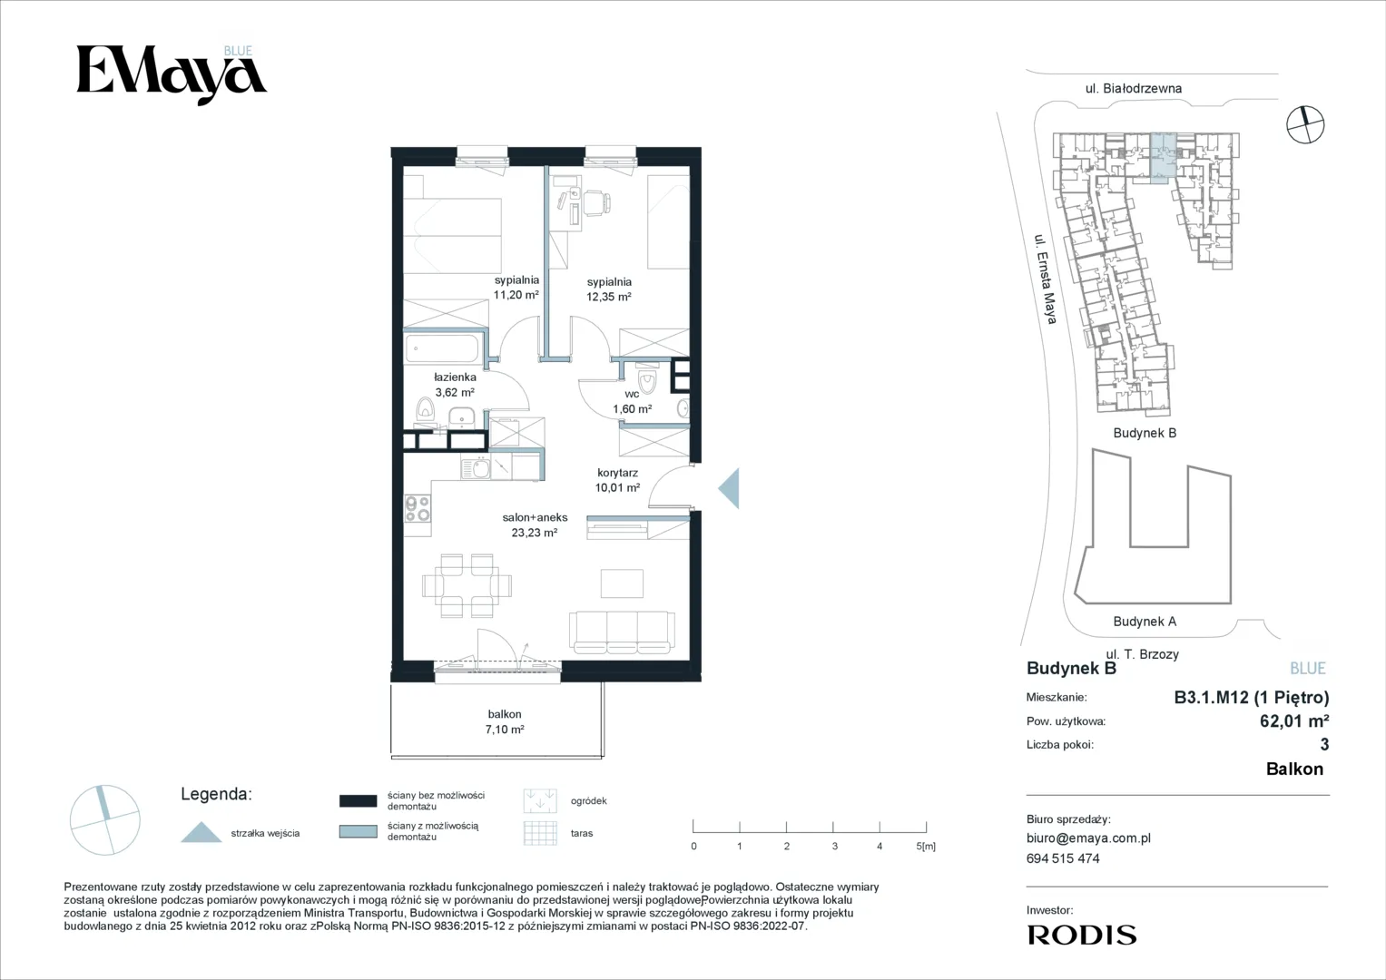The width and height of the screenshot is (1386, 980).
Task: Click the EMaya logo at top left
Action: click(172, 74)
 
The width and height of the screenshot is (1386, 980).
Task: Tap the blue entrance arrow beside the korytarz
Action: click(731, 488)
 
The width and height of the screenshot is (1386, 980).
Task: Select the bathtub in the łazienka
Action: click(442, 348)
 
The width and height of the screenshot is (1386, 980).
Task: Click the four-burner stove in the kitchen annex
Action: click(418, 508)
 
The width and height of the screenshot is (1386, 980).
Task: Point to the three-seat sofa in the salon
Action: click(622, 632)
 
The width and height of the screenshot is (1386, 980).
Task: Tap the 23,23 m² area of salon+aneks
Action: click(535, 532)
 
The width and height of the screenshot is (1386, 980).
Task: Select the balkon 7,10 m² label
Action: click(505, 721)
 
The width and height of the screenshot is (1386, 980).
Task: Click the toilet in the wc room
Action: click(647, 380)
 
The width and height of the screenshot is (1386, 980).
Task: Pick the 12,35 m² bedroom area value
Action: click(609, 297)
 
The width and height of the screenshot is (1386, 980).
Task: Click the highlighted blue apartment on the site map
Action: click(1164, 159)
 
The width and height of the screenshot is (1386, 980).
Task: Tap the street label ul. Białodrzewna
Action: click(1134, 89)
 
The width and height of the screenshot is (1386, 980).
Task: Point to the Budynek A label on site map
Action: click(1145, 622)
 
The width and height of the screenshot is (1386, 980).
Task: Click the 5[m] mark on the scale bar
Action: click(926, 846)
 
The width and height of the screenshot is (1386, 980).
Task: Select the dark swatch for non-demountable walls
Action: click(359, 801)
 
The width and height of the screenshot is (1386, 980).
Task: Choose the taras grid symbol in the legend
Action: click(540, 833)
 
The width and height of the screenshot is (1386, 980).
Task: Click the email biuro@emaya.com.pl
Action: click(1088, 838)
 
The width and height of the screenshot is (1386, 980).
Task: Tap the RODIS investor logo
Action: click(1082, 935)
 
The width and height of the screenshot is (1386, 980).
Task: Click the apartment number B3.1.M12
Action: click(1212, 697)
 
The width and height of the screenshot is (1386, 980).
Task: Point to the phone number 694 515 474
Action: click(1063, 858)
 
